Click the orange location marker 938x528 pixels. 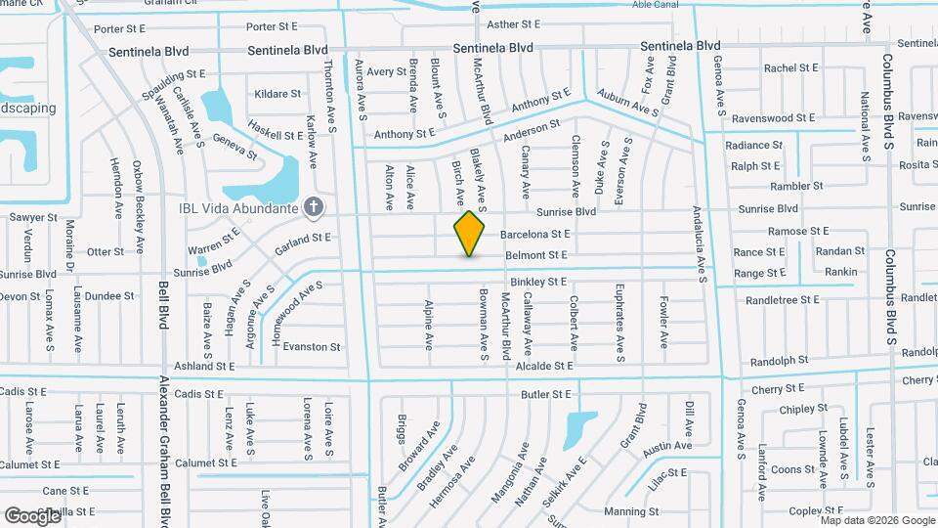click(470, 233)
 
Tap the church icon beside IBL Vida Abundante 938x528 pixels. click(313, 206)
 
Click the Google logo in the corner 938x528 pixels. click(32, 515)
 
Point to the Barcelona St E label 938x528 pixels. click(534, 235)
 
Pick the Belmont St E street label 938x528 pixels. click(535, 255)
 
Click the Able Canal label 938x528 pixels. click(655, 5)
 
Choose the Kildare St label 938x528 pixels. click(277, 94)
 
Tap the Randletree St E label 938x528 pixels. click(782, 299)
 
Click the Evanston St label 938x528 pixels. click(311, 346)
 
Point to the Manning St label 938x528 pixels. click(624, 511)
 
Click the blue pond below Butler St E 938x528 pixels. click(579, 426)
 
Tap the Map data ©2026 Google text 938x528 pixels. click(876, 520)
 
